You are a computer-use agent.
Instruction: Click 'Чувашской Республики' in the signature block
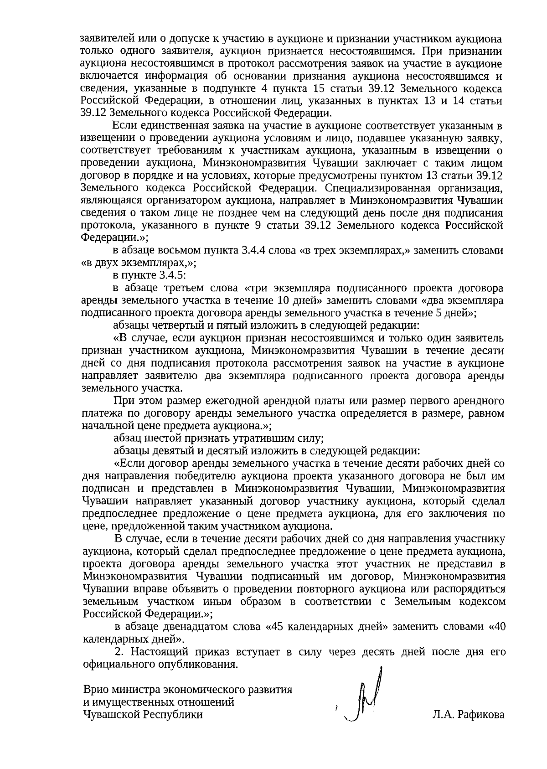click(143, 715)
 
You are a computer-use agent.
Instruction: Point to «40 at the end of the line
click(496, 626)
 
